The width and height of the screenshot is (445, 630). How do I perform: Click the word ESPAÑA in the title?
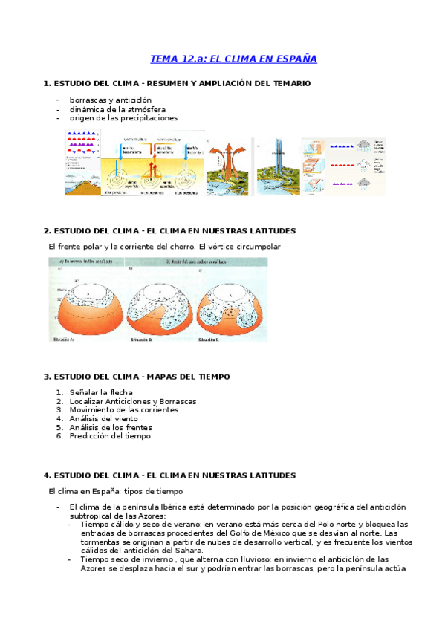(296, 58)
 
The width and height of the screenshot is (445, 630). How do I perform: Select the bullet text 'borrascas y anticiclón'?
(110, 100)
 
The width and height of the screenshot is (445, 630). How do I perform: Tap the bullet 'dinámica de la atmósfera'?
(117, 108)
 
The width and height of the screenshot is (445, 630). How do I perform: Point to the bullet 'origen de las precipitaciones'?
(123, 117)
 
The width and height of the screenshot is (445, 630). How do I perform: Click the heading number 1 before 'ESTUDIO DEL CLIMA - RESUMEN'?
(47, 83)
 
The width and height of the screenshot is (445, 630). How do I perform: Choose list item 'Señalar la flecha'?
(101, 392)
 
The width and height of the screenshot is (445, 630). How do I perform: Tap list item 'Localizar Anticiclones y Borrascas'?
(132, 400)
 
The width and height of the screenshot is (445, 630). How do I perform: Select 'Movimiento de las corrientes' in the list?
(123, 409)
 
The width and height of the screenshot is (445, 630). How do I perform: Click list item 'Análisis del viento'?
(103, 418)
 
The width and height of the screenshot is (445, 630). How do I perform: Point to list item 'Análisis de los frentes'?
(111, 427)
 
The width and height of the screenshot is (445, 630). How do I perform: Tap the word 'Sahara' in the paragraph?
(186, 551)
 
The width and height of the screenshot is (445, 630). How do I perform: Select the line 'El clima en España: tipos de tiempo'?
(115, 491)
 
